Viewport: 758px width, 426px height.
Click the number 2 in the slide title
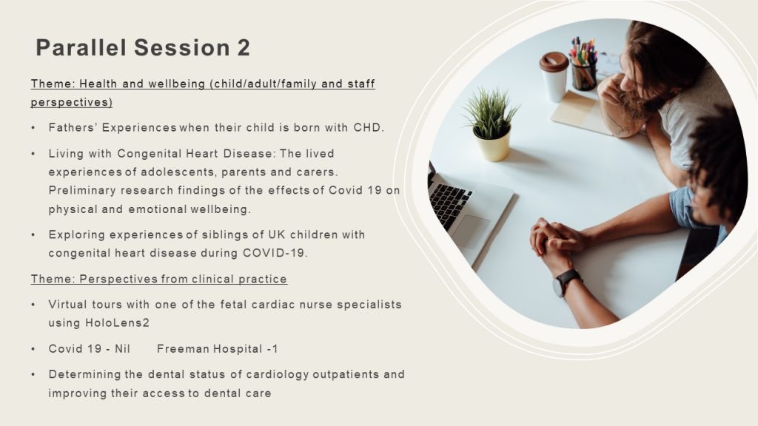tap(243, 48)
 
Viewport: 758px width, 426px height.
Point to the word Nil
tap(122, 349)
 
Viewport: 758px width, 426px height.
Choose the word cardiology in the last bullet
tap(278, 374)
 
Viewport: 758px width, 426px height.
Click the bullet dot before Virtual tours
tap(33, 305)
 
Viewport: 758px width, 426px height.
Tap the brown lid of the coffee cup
tap(554, 61)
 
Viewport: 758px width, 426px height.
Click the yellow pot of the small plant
tap(492, 143)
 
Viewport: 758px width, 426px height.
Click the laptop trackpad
tap(471, 231)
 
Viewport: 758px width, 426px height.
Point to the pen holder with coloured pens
tap(583, 73)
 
